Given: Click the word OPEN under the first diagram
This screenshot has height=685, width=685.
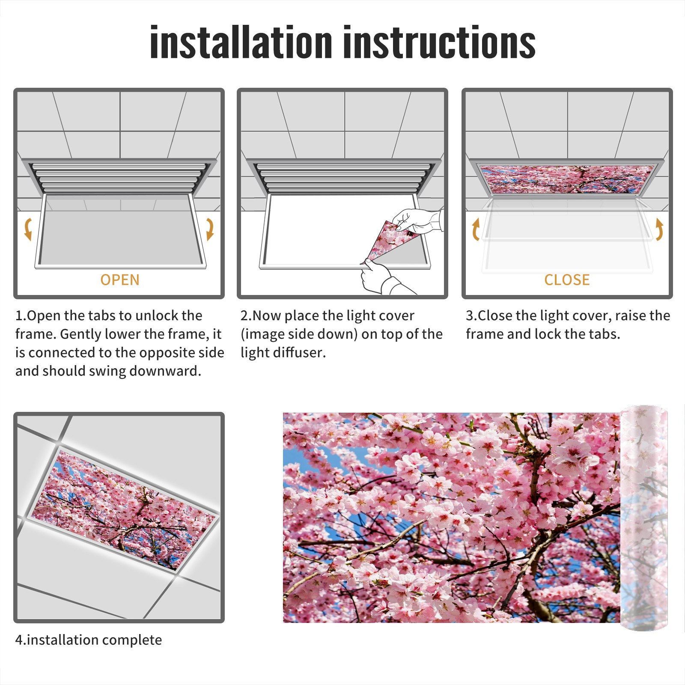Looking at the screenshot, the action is coord(120,280).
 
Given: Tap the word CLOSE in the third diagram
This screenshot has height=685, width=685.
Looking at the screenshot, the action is coord(567,280).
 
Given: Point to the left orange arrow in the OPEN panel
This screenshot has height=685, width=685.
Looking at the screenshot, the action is coord(27,229).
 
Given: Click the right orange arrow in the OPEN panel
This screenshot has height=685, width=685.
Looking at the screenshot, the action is coord(210,229).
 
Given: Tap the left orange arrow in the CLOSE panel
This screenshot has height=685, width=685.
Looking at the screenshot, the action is coord(475,229).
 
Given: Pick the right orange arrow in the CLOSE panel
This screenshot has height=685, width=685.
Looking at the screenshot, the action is coord(659,229).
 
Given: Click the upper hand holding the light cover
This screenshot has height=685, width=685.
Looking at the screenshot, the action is coord(417,221).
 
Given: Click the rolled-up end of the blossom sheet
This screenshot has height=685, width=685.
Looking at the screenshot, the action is coord(644,518).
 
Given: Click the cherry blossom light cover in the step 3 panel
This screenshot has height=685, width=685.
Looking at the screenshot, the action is coord(567,179).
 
